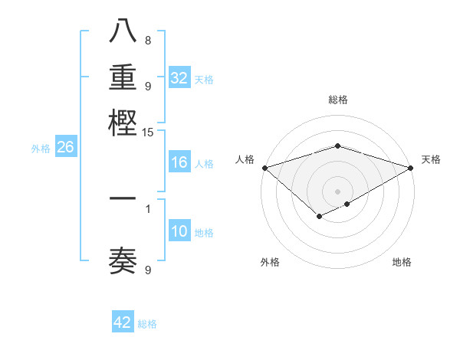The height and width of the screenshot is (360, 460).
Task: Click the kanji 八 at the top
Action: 123,31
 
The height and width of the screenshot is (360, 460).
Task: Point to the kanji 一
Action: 123,199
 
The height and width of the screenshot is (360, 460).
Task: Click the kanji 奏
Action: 123,261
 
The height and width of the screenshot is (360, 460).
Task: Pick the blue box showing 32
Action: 179,78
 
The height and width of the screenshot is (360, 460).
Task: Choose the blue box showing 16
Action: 179,162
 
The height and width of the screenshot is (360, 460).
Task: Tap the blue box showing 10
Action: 179,232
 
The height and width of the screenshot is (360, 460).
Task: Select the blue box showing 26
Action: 65,148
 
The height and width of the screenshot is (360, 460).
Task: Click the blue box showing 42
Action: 123,322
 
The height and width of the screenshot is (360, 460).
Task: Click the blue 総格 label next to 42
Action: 147,324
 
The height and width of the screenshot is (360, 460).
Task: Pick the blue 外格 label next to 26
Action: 41,149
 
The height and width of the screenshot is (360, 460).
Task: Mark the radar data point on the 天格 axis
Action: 411,168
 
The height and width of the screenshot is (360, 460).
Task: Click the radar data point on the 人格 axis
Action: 264,168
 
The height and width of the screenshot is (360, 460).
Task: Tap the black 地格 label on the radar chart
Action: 402,262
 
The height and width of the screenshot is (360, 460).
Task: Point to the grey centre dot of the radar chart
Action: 337,191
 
